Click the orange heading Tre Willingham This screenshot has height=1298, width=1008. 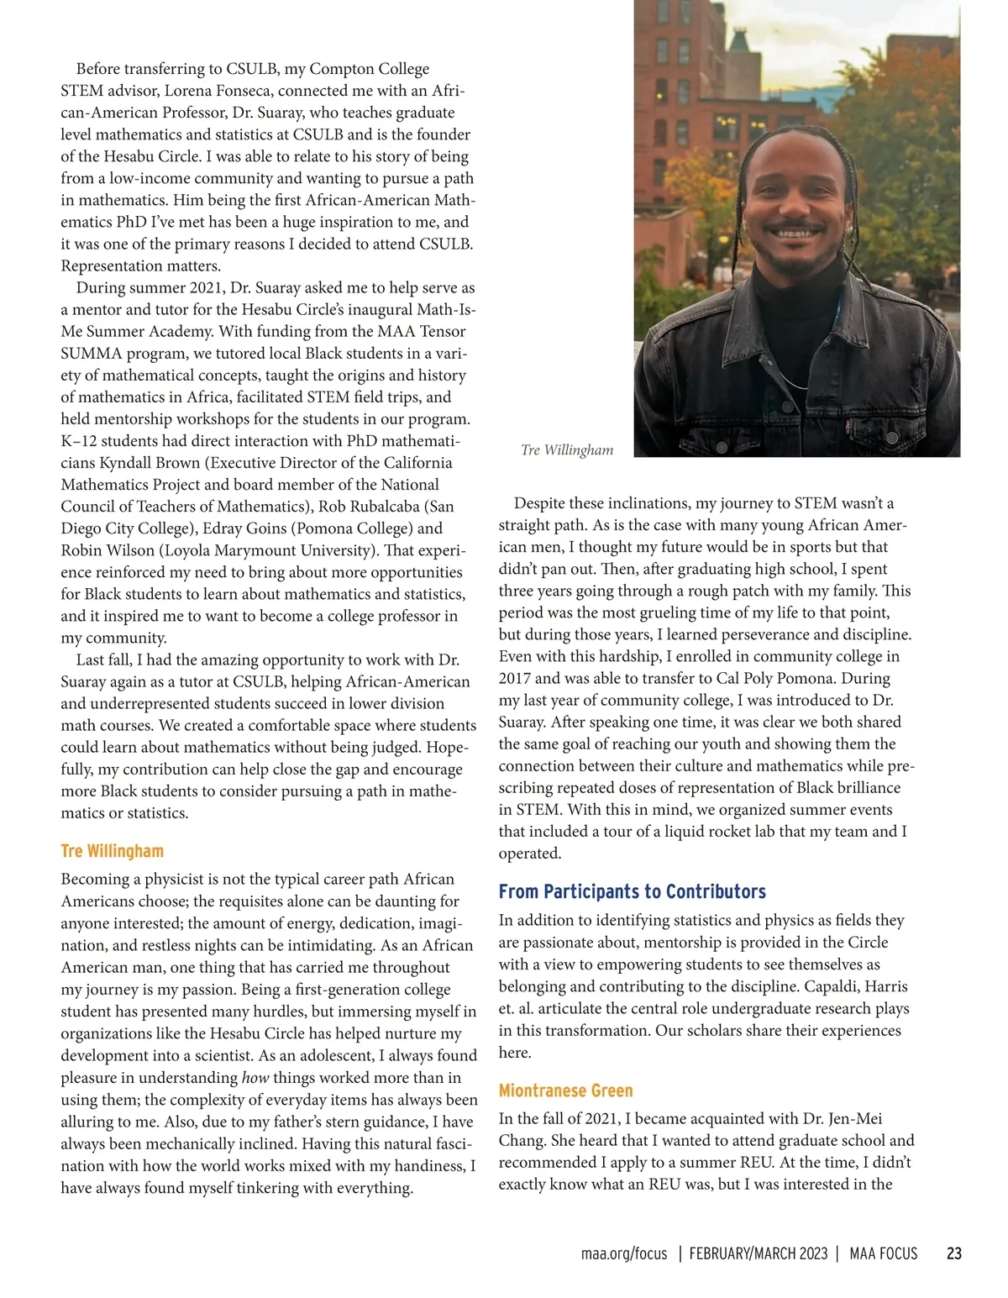point(112,851)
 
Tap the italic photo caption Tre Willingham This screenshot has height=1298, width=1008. point(567,450)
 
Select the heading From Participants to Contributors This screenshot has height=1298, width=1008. point(632,891)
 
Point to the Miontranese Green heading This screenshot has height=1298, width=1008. point(565,1090)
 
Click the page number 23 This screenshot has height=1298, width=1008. point(953,1253)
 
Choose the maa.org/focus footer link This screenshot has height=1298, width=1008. point(624,1253)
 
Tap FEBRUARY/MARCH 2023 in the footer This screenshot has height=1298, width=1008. point(759,1253)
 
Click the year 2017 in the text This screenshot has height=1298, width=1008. point(514,678)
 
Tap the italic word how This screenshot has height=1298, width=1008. point(255,1077)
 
